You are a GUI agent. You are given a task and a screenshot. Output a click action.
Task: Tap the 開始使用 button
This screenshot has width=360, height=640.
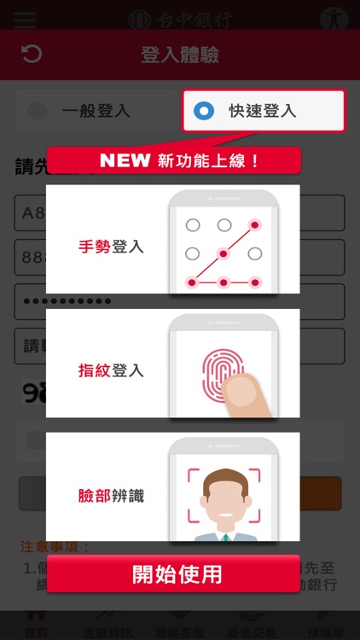click(177, 574)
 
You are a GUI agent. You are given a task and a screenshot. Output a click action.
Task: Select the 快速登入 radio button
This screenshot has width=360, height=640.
click(204, 110)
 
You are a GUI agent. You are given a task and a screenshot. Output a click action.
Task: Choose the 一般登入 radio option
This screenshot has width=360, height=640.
click(38, 111)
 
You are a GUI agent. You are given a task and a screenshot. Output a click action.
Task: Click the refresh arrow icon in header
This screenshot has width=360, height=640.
click(31, 55)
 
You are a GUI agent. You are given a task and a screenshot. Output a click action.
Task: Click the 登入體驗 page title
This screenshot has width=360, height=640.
click(180, 55)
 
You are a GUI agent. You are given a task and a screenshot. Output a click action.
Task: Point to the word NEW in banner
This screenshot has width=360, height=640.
click(125, 160)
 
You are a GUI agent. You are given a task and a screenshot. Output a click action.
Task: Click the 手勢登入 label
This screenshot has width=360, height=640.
click(111, 247)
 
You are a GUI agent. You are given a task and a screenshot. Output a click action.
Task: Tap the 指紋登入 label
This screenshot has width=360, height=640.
click(111, 371)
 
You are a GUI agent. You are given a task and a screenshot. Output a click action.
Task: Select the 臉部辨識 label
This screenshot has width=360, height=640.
click(111, 495)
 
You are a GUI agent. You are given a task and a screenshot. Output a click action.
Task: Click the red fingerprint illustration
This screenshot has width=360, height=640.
click(218, 371)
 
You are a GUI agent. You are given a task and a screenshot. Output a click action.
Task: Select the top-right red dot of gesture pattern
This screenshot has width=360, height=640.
click(254, 225)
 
